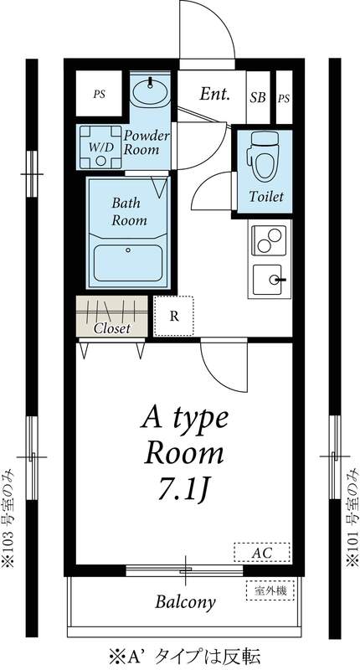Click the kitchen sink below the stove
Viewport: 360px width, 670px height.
click(269, 279)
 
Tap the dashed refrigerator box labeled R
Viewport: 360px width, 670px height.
click(173, 316)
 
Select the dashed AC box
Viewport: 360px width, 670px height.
click(261, 553)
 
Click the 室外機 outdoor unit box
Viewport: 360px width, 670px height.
click(270, 591)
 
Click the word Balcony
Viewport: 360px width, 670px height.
click(186, 601)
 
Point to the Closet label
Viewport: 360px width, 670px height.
click(111, 328)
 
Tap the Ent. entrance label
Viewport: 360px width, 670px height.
click(215, 95)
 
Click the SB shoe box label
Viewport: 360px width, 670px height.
click(258, 97)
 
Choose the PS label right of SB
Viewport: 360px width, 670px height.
click(284, 97)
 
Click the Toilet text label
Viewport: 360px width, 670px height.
click(266, 196)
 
